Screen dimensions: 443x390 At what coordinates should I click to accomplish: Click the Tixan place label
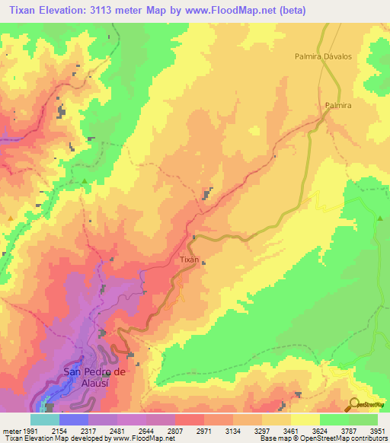pyautogui.click(x=189, y=260)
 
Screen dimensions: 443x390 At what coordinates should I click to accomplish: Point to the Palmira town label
pyautogui.click(x=338, y=106)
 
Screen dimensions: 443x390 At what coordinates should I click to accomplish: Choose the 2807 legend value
pyautogui.click(x=175, y=430)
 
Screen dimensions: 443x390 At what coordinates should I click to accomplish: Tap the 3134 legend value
pyautogui.click(x=233, y=430)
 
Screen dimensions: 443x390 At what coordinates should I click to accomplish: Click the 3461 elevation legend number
pyautogui.click(x=291, y=430)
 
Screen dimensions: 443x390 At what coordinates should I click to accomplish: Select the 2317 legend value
pyautogui.click(x=89, y=430)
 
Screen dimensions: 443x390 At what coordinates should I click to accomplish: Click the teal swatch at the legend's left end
pyautogui.click(x=45, y=419)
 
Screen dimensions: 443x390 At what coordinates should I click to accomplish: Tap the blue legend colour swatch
pyautogui.click(x=74, y=419)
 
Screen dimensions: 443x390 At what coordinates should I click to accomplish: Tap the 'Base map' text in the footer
pyautogui.click(x=274, y=438)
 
